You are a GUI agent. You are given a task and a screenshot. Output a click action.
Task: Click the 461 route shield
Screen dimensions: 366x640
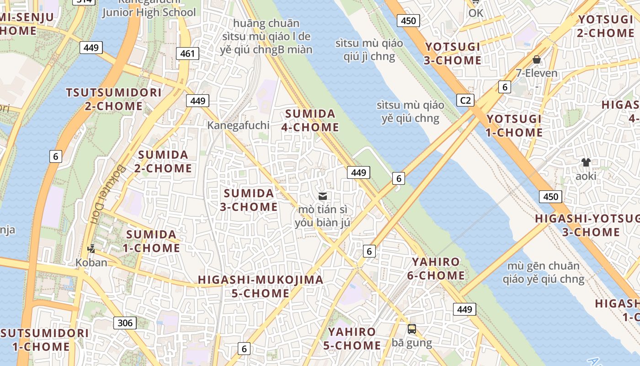click(187, 54)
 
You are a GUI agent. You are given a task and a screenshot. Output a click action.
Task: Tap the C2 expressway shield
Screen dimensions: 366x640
click(465, 100)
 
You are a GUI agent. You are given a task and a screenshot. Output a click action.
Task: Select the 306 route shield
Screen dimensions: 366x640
click(125, 323)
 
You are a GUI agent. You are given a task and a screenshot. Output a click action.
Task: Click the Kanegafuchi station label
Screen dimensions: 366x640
click(238, 125)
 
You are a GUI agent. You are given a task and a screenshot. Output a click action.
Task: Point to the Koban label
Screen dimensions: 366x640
click(91, 263)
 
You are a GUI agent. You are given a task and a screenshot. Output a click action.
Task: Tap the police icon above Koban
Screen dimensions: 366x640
click(91, 249)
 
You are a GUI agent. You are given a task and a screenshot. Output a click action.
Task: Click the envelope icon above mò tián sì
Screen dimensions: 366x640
click(323, 196)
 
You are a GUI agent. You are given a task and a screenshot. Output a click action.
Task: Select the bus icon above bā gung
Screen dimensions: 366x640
click(411, 329)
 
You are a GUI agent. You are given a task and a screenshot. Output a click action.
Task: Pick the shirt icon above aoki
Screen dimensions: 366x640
click(586, 162)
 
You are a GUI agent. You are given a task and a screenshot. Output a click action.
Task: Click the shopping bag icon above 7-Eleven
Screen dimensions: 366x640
click(537, 59)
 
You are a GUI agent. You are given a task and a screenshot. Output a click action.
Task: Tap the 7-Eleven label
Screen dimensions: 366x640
click(537, 73)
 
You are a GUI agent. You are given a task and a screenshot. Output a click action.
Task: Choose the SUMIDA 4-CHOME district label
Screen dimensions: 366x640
click(310, 121)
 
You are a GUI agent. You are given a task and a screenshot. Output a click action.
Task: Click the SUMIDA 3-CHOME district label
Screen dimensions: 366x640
click(249, 200)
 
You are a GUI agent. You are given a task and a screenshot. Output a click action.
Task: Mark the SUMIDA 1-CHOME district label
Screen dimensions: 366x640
click(152, 242)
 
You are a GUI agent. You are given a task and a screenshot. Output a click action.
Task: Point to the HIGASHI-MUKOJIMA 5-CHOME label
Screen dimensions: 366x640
click(261, 286)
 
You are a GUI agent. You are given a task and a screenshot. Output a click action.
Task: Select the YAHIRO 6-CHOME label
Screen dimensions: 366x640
click(436, 269)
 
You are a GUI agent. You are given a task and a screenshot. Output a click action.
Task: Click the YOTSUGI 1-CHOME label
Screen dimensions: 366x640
click(514, 126)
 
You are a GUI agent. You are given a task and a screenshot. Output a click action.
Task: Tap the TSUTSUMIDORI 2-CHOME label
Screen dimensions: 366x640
click(114, 99)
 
